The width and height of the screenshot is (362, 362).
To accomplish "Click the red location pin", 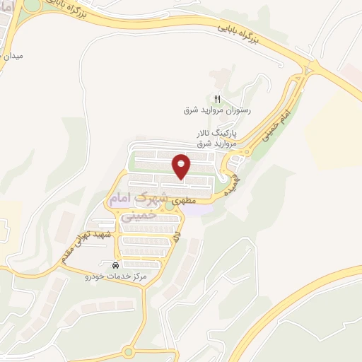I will (182, 165).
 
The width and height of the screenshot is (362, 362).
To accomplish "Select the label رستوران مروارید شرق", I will (218, 110).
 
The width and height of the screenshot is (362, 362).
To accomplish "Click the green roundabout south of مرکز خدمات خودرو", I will (129, 351).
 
